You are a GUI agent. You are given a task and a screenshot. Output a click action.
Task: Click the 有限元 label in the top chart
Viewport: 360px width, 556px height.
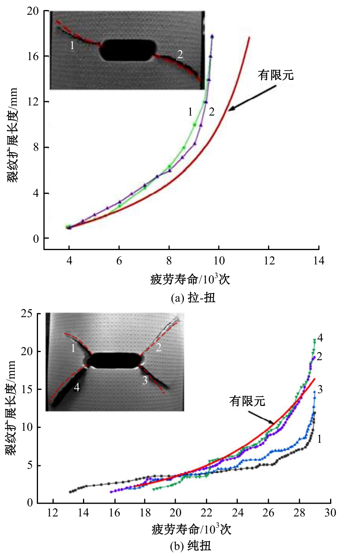[x=275, y=75]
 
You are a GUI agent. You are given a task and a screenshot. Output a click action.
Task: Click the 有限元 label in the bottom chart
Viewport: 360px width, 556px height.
[x=247, y=401]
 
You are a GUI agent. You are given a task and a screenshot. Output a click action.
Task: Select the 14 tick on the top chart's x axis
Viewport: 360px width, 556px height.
[x=318, y=261]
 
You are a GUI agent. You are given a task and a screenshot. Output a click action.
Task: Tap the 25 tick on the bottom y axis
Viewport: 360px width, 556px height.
[x=27, y=313]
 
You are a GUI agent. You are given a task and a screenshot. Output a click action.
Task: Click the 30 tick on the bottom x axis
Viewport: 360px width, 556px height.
[x=330, y=513]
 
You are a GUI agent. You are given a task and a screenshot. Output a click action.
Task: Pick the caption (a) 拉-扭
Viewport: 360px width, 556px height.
[x=193, y=298]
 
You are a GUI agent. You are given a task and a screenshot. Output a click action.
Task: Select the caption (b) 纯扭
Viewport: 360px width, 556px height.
[x=190, y=546]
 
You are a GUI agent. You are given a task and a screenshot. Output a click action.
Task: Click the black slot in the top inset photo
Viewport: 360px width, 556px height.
[x=128, y=50]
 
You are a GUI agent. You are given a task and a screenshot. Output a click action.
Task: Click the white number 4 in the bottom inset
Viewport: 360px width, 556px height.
[x=77, y=387]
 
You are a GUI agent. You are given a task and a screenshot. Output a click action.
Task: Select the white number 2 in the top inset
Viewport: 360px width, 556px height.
[x=180, y=54]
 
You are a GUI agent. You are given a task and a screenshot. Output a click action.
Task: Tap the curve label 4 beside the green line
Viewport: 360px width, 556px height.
[x=320, y=338]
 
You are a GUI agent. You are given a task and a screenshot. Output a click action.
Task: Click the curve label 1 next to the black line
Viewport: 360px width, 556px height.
[x=319, y=439]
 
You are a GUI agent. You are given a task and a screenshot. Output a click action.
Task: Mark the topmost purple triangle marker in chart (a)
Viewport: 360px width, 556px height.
[x=212, y=36]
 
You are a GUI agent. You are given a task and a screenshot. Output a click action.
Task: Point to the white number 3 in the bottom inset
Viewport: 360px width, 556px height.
[x=145, y=380]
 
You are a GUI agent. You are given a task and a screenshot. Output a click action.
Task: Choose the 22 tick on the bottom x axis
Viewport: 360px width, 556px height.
[x=206, y=513]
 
